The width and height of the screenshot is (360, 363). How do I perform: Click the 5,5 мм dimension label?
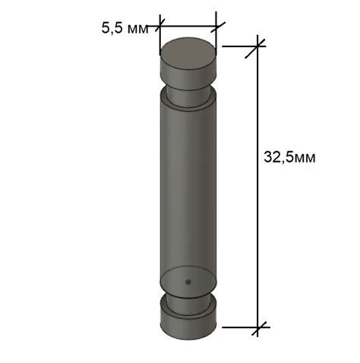125,28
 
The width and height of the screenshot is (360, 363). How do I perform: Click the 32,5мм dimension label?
289,157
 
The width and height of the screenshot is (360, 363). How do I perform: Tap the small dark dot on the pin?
188,282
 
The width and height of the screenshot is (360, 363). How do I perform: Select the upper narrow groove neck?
188,96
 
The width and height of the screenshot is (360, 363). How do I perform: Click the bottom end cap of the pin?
188,322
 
